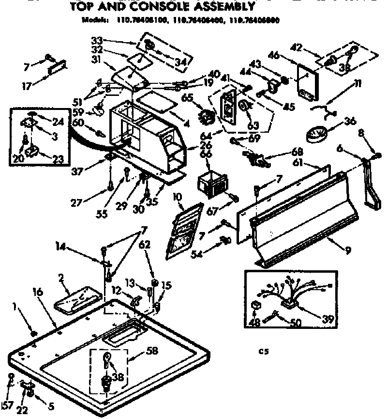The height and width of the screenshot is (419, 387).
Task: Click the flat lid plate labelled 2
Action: tap(77, 302)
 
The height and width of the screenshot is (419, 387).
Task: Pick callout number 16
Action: tap(38, 293)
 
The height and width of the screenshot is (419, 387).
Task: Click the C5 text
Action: tap(261, 353)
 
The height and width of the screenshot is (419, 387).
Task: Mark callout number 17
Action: tap(27, 87)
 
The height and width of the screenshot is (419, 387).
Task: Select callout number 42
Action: tap(296, 47)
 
